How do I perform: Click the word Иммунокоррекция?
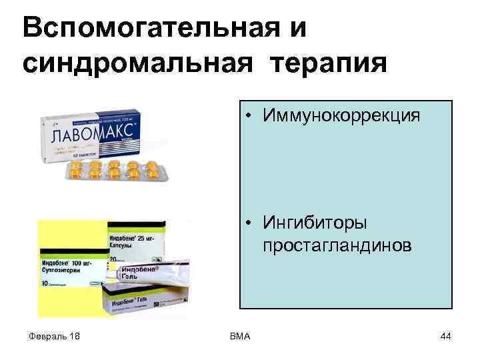[x=341, y=116]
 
